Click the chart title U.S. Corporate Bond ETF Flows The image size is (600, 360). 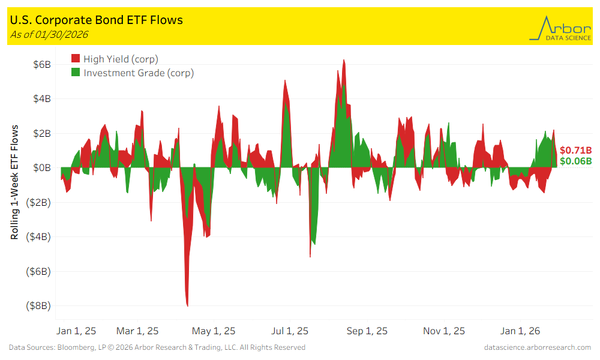97,20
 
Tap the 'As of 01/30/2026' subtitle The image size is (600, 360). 49,34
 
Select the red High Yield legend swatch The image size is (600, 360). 76,59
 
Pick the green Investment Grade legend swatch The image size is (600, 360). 76,73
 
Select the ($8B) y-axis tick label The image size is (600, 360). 39,305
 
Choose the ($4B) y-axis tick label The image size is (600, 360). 39,236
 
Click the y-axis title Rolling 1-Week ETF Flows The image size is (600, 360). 14,182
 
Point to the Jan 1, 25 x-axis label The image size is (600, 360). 76,331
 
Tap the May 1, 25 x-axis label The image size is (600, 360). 213,331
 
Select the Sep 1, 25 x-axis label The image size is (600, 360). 367,331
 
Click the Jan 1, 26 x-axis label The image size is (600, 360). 520,331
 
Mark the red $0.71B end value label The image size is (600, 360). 575,151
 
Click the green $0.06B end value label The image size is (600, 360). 575,161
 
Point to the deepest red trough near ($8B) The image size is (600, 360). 188,305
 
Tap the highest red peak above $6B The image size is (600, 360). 344,60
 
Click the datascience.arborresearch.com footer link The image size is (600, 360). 538,347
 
